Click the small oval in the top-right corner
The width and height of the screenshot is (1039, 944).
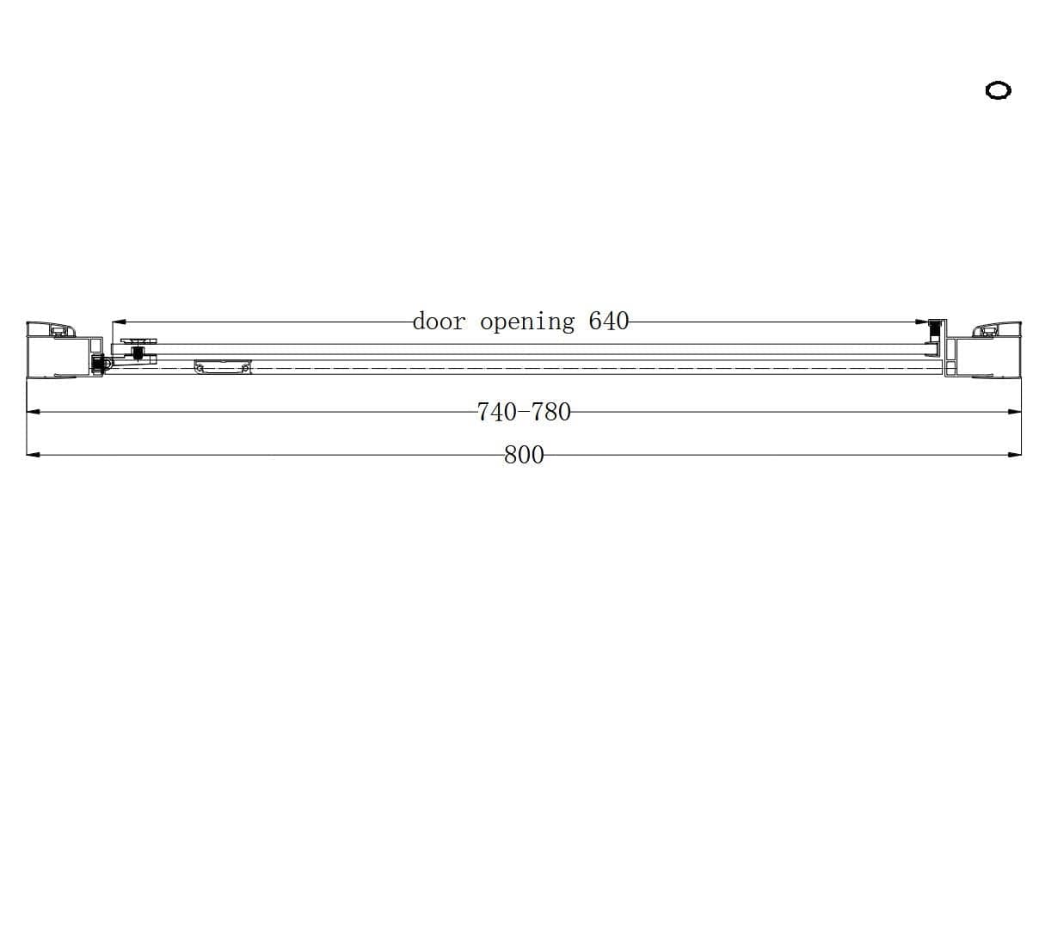coord(998,90)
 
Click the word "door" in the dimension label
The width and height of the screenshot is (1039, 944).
coord(440,322)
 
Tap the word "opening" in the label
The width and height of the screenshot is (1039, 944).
coord(527,323)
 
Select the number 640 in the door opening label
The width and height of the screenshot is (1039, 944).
coord(609,321)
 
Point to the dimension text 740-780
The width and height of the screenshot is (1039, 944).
coord(524,412)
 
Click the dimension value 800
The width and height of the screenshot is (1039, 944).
coord(524,455)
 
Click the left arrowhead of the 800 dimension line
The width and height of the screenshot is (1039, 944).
coord(34,455)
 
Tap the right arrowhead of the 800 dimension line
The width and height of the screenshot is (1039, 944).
coord(1014,455)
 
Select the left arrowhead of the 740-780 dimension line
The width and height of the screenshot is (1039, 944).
coord(34,412)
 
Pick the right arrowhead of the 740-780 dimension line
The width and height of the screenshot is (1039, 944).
coord(1014,412)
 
